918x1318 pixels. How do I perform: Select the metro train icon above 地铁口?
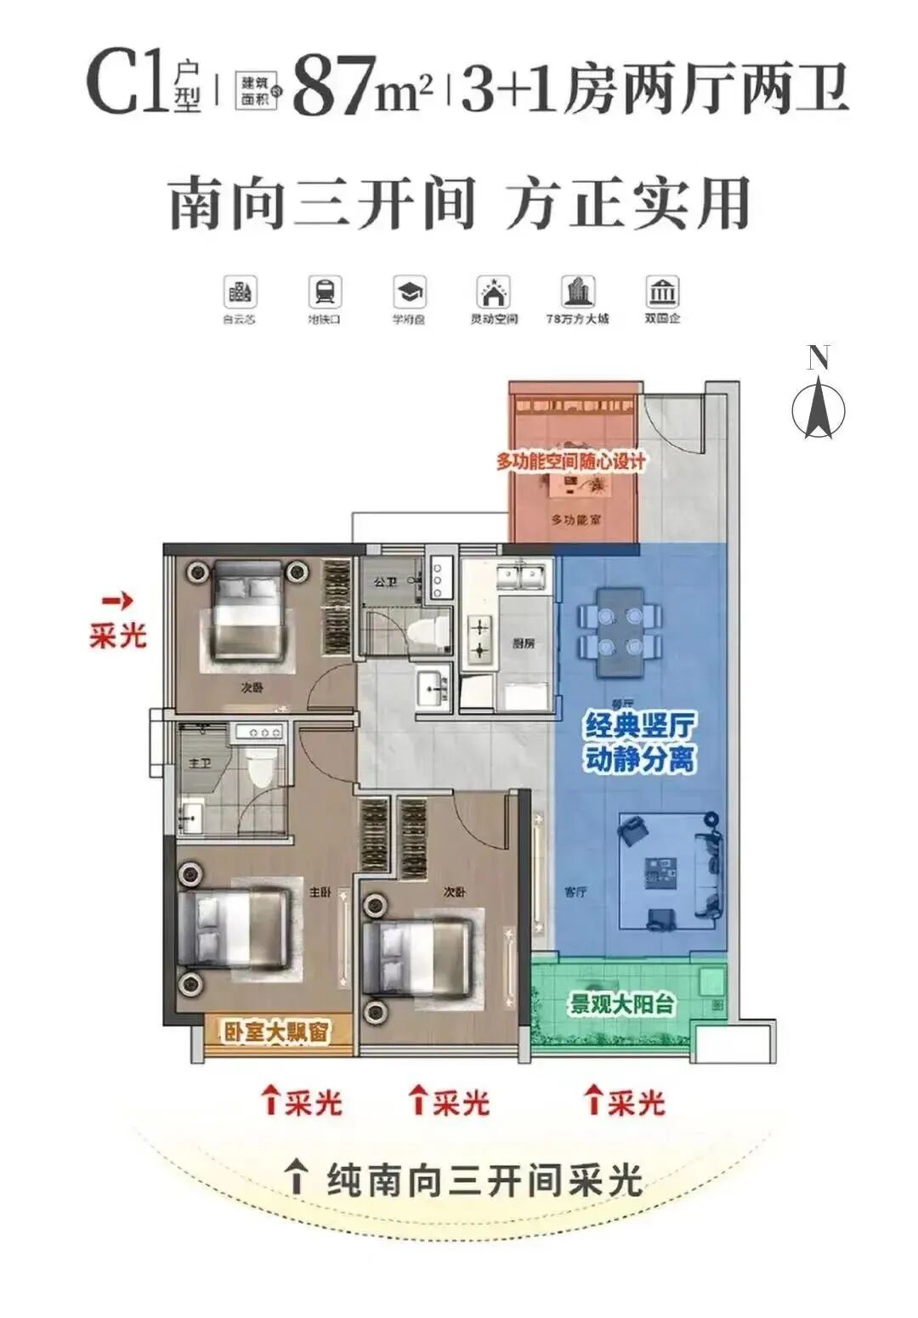pyautogui.click(x=324, y=292)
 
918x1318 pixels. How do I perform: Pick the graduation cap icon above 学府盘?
pyautogui.click(x=409, y=292)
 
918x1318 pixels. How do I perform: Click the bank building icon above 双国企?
pyautogui.click(x=661, y=292)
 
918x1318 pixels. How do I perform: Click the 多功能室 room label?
pyautogui.click(x=575, y=519)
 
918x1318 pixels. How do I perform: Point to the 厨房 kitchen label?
pyautogui.click(x=524, y=643)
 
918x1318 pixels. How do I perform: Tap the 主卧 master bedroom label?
pyautogui.click(x=320, y=893)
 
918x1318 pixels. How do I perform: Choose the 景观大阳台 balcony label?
pyautogui.click(x=622, y=1004)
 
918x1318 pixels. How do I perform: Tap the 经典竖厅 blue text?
pyautogui.click(x=639, y=727)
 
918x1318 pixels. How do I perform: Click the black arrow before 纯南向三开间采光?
pyautogui.click(x=297, y=1178)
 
